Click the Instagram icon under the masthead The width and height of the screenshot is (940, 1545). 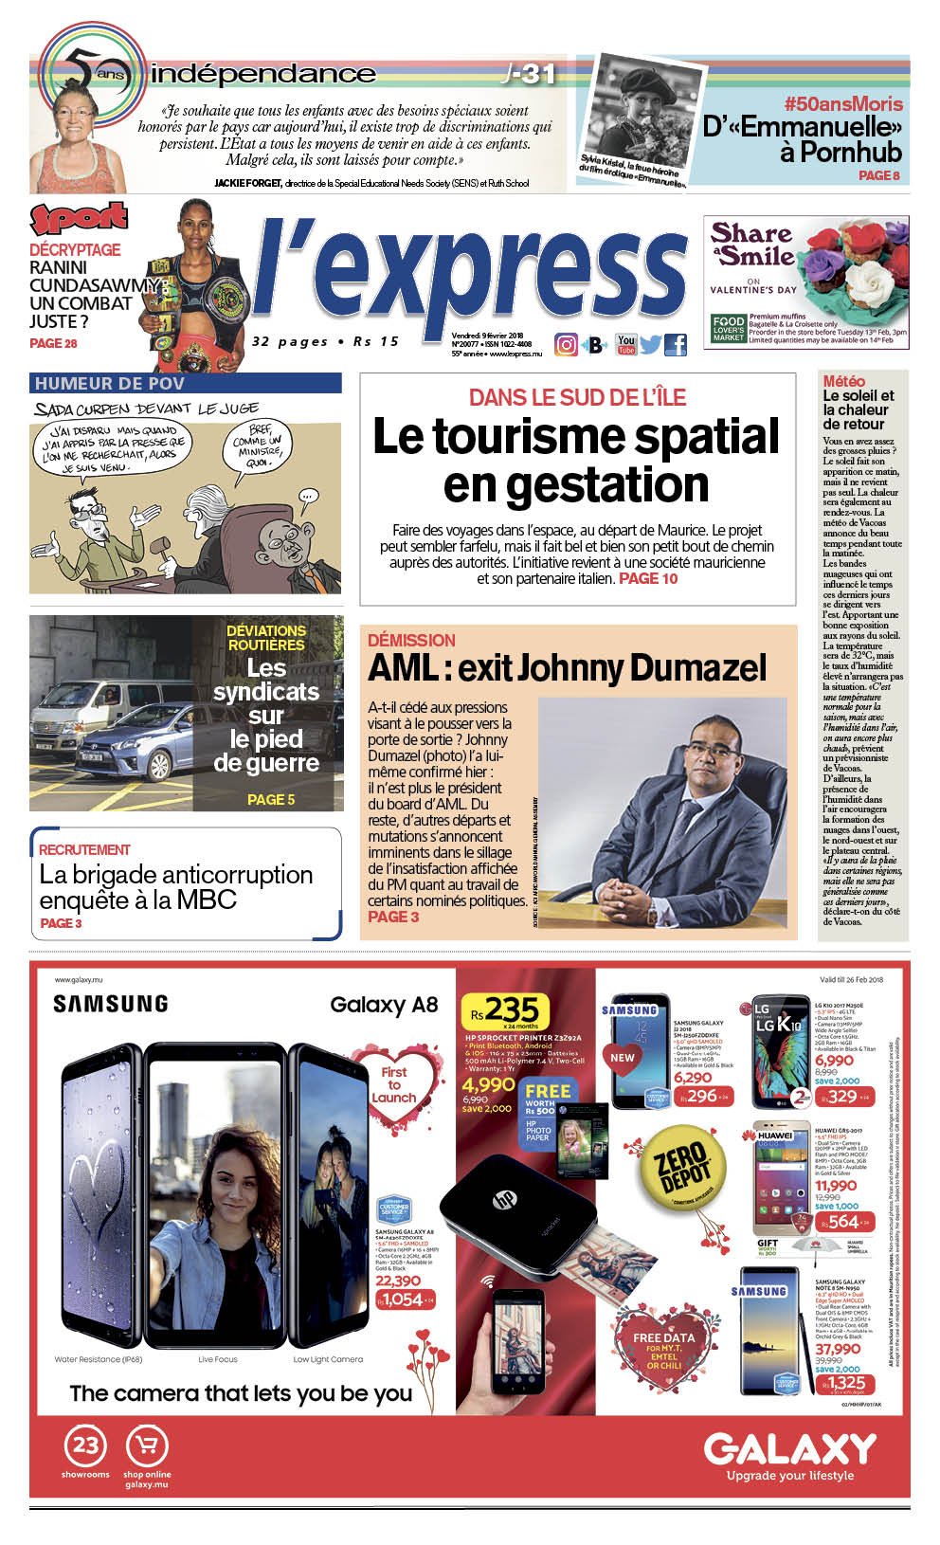(x=566, y=345)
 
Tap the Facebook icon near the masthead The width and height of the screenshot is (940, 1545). (x=676, y=345)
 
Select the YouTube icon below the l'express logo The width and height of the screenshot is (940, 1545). (x=625, y=344)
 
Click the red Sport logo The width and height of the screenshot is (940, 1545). (x=79, y=218)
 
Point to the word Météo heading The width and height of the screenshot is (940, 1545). (x=843, y=381)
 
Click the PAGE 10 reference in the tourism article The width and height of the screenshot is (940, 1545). (x=648, y=579)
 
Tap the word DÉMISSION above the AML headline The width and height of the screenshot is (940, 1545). (x=411, y=641)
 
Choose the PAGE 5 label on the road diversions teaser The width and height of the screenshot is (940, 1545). (x=271, y=800)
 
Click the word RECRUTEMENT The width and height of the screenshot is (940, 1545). (x=84, y=850)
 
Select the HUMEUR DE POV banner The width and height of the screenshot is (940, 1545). (x=185, y=384)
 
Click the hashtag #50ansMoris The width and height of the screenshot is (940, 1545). (x=843, y=104)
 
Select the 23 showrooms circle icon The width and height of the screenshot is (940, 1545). (x=85, y=1445)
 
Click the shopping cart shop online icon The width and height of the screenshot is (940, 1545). (x=147, y=1445)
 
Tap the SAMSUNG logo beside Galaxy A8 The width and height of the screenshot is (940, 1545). (x=110, y=1004)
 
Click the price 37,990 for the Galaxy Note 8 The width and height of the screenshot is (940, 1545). (x=838, y=1349)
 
